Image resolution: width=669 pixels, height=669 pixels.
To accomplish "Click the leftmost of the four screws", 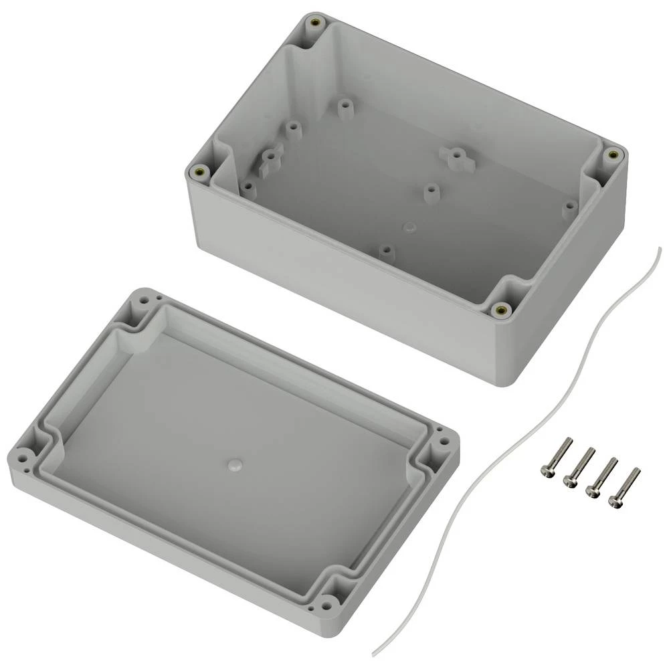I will pyautogui.click(x=555, y=458).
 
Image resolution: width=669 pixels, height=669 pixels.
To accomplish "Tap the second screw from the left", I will pyautogui.click(x=579, y=468).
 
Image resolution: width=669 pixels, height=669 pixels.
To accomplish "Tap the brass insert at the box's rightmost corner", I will pyautogui.click(x=611, y=155).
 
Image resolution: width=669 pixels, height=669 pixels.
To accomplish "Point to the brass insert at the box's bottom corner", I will pyautogui.click(x=500, y=309).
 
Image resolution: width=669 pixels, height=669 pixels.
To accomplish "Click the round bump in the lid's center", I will pyautogui.click(x=234, y=464).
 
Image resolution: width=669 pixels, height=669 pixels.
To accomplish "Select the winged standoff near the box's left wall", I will pyautogui.click(x=269, y=159).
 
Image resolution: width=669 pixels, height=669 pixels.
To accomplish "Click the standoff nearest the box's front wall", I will pyautogui.click(x=385, y=252).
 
